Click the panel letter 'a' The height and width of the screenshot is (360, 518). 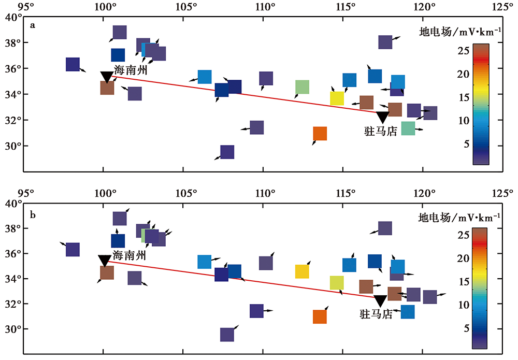33,25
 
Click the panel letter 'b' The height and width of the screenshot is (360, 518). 33,211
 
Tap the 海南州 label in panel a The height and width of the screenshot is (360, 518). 130,70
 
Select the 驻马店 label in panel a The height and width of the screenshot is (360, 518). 381,132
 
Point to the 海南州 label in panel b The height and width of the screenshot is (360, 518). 129,255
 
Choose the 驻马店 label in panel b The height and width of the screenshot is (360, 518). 377,314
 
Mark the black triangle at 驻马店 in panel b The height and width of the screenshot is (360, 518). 380,301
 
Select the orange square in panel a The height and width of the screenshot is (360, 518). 320,134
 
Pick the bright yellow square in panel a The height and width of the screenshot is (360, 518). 337,98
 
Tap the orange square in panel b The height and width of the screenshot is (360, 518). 320,316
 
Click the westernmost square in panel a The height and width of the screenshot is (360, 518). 73,64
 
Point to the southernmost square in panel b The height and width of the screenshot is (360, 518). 227,335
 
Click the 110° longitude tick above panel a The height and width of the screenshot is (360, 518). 265,7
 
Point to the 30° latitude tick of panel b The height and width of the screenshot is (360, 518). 12,329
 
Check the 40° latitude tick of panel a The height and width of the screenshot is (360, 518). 12,17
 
